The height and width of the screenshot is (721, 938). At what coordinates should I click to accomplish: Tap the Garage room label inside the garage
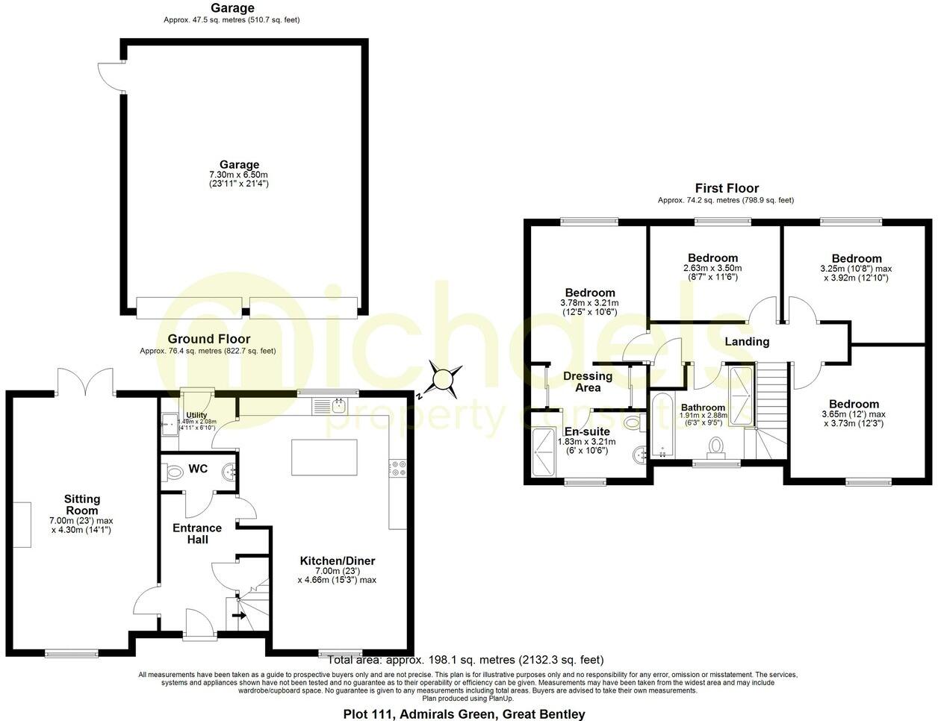pyautogui.click(x=239, y=165)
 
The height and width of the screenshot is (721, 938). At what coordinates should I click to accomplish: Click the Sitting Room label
pyautogui.click(x=81, y=505)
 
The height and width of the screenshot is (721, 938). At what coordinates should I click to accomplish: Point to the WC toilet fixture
pyautogui.click(x=173, y=472)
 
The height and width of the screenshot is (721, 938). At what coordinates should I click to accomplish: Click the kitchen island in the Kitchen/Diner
pyautogui.click(x=324, y=457)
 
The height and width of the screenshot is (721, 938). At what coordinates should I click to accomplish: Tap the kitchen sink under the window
pyautogui.click(x=337, y=406)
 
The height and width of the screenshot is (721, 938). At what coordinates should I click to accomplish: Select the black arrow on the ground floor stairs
pyautogui.click(x=240, y=616)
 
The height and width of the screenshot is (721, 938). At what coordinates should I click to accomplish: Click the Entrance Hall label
pyautogui.click(x=198, y=533)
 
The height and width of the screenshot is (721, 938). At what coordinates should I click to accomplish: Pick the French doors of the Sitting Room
pyautogui.click(x=86, y=381)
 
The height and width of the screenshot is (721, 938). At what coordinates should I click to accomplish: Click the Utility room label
pyautogui.click(x=196, y=415)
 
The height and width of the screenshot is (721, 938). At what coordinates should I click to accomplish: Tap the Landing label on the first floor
pyautogui.click(x=747, y=342)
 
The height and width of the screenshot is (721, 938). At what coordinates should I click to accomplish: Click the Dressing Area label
pyautogui.click(x=588, y=381)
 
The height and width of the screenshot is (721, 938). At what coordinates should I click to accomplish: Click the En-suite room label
pyautogui.click(x=586, y=431)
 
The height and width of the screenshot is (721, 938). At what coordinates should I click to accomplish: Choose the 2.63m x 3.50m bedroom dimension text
pyautogui.click(x=712, y=269)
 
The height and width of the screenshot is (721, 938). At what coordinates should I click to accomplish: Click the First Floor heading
pyautogui.click(x=726, y=188)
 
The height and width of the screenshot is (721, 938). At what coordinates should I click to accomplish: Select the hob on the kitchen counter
pyautogui.click(x=396, y=467)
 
